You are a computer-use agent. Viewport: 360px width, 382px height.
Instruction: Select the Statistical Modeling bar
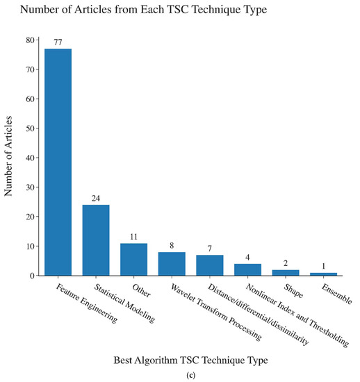tap(96, 240)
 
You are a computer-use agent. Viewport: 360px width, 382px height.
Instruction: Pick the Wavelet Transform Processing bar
tap(172, 263)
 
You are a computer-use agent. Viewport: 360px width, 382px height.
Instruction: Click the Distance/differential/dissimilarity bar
tap(209, 265)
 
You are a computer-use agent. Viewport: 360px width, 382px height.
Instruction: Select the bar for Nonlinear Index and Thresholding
tap(247, 269)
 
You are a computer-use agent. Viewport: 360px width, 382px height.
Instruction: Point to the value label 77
tap(58, 42)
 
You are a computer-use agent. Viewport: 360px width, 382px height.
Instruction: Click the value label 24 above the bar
tap(96, 199)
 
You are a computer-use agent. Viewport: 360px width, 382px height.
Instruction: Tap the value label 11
tap(133, 237)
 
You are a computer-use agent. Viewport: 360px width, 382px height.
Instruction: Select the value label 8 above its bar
tap(172, 246)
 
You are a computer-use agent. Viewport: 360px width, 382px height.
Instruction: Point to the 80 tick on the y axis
tap(28, 40)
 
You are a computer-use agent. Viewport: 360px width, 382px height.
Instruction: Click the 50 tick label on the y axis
tap(28, 128)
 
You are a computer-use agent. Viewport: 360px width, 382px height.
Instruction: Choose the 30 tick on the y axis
tap(28, 188)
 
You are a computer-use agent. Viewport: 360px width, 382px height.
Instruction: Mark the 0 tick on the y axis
tap(31, 276)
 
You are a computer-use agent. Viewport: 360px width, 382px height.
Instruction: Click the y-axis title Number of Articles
tap(9, 158)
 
